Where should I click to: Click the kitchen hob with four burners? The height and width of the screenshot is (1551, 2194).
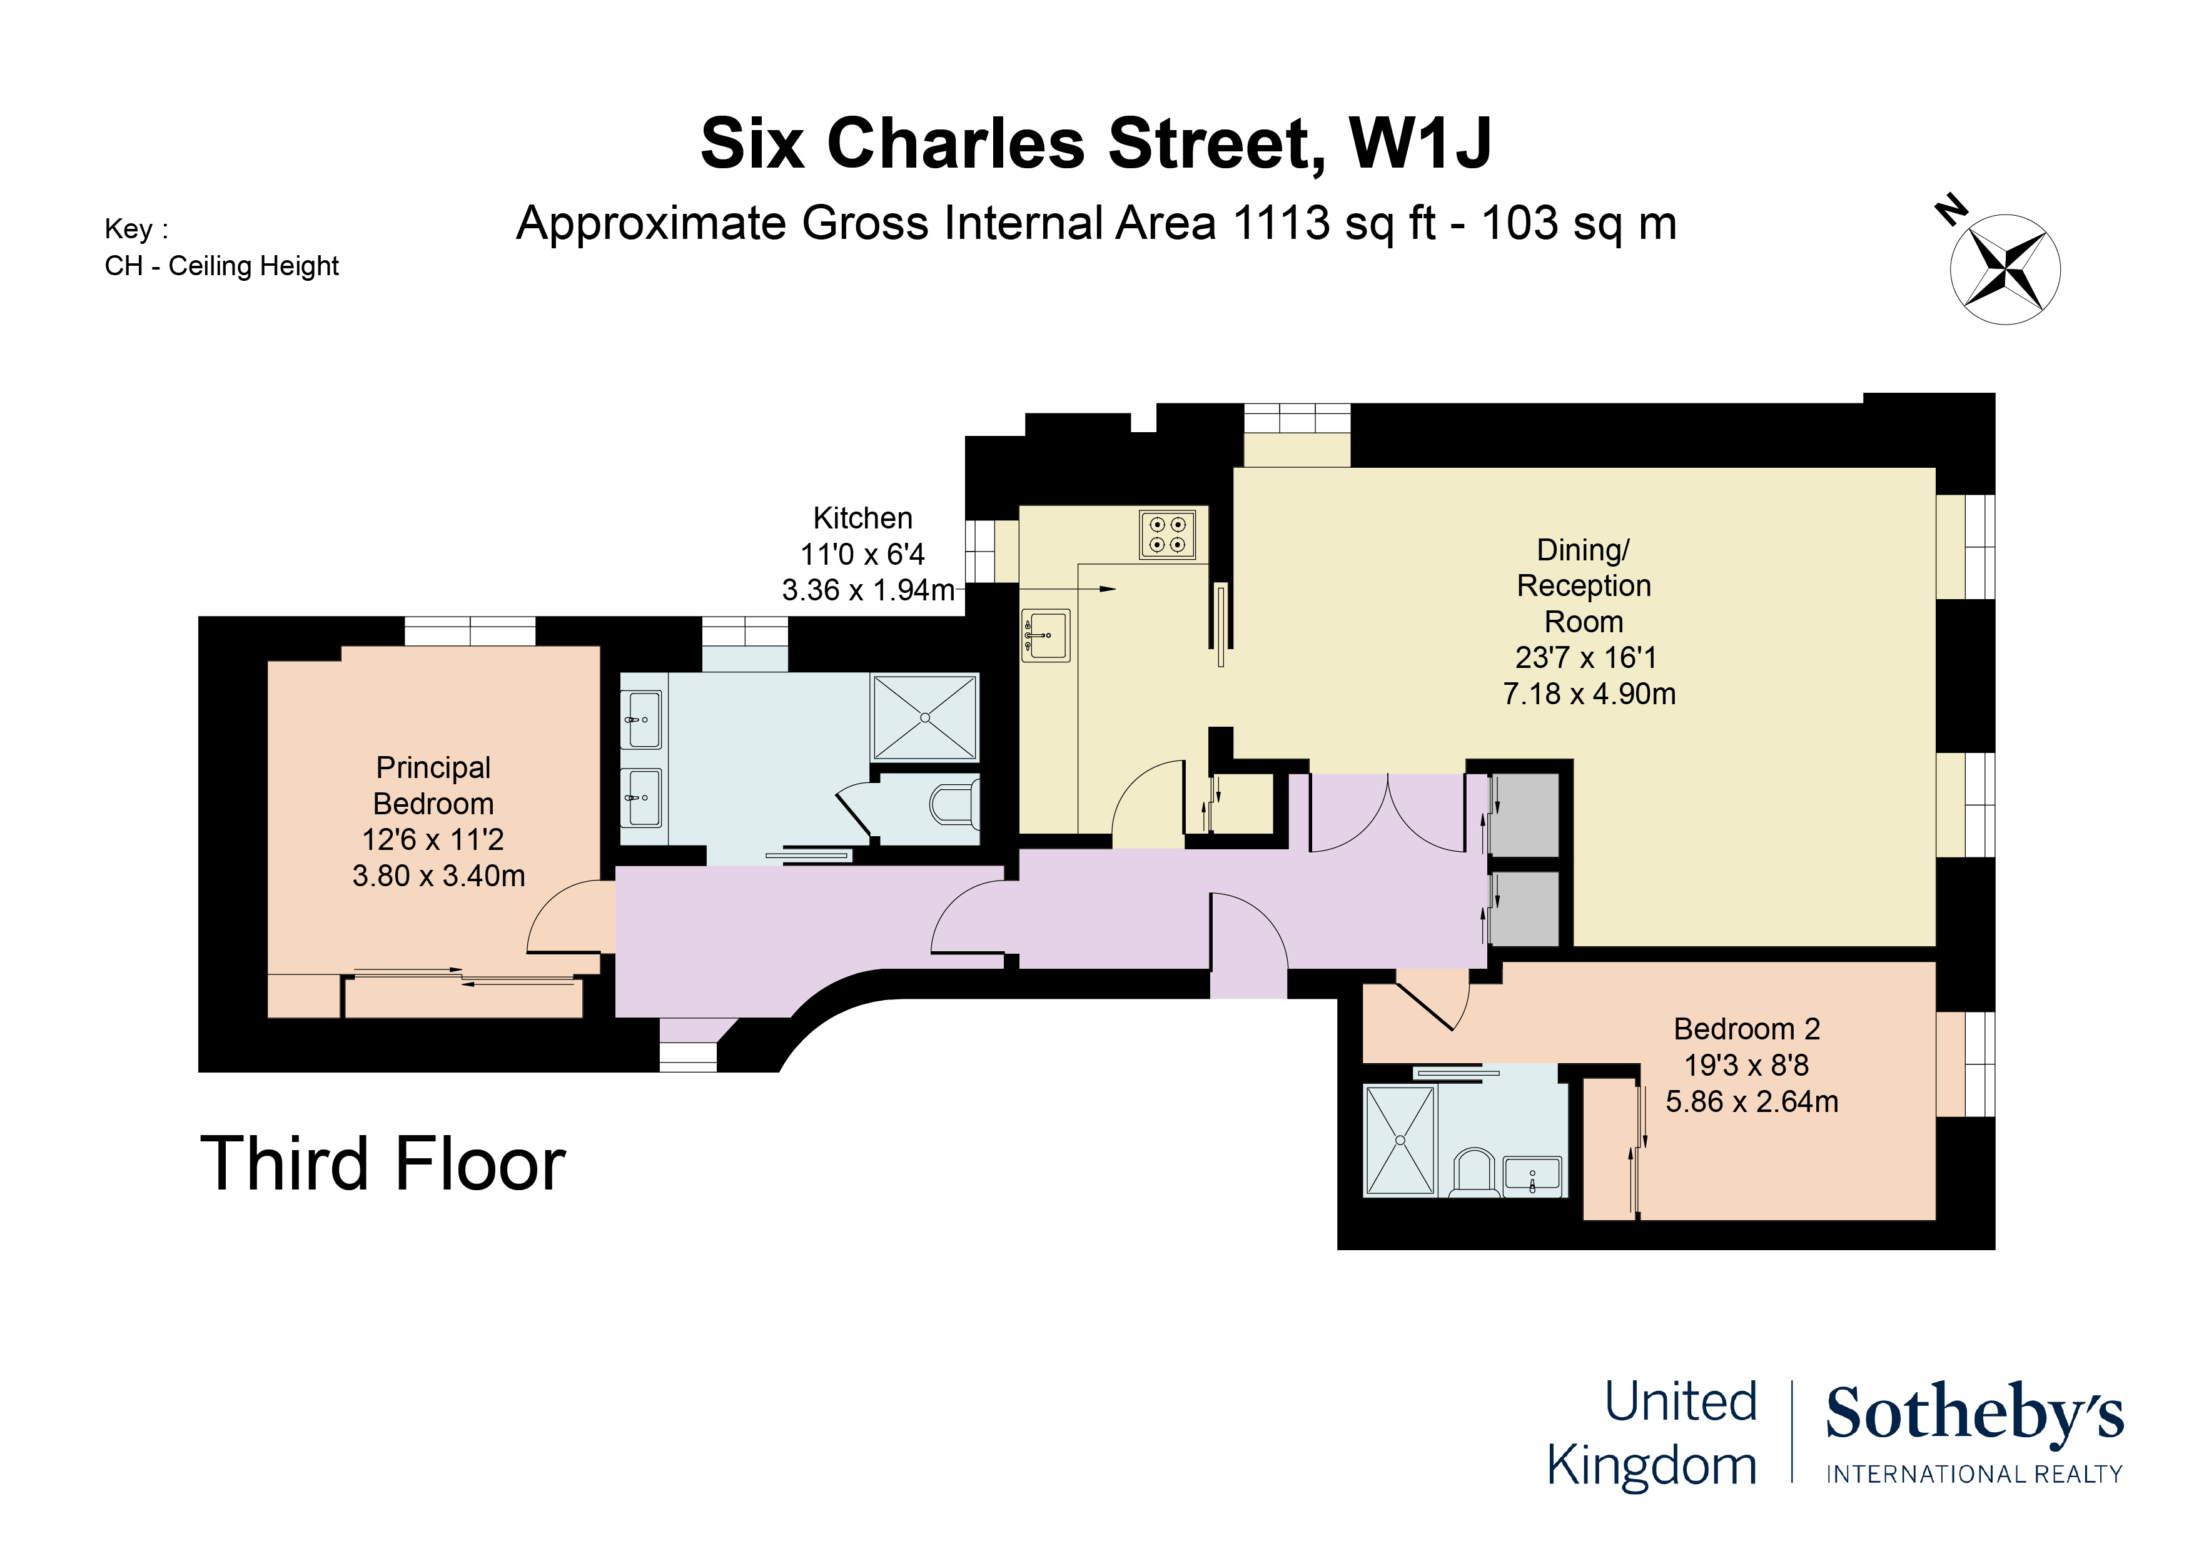pyautogui.click(x=1167, y=534)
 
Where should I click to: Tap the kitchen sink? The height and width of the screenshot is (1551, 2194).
pyautogui.click(x=1046, y=635)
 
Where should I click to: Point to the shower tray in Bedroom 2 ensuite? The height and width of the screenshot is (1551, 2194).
pyautogui.click(x=1400, y=1140)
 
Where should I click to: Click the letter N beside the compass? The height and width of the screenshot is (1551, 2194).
pyautogui.click(x=1950, y=210)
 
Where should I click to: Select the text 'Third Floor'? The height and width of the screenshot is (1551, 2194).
pyautogui.click(x=382, y=1164)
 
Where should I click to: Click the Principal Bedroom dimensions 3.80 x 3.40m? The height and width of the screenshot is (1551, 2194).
pyautogui.click(x=438, y=876)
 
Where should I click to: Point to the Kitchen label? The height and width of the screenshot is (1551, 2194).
pyautogui.click(x=862, y=518)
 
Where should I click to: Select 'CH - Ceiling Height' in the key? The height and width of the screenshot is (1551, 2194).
pyautogui.click(x=221, y=266)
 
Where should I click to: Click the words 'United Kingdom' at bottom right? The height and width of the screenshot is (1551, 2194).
pyautogui.click(x=1652, y=1433)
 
